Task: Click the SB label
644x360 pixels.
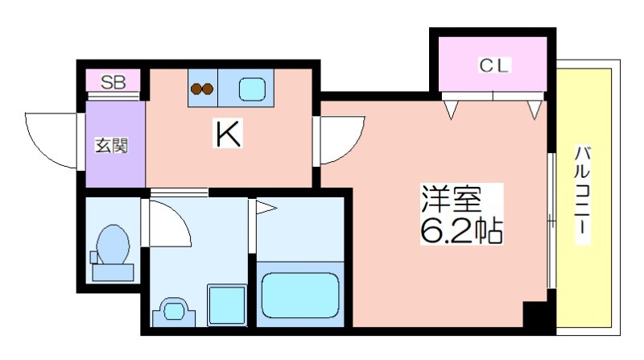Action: (113, 82)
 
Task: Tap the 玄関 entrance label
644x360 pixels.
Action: (112, 146)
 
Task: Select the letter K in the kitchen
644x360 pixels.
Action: (228, 133)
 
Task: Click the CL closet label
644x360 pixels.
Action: (494, 65)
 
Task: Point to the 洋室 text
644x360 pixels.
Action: (452, 199)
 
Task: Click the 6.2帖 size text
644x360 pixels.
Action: (461, 230)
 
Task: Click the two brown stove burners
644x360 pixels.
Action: (202, 89)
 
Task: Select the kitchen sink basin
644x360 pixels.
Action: (252, 89)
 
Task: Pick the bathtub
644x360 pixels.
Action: (300, 295)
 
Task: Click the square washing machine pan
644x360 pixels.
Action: (227, 304)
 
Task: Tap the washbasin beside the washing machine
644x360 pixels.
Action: (174, 312)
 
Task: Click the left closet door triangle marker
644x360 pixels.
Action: (451, 110)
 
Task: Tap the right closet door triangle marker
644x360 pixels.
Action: (535, 110)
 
